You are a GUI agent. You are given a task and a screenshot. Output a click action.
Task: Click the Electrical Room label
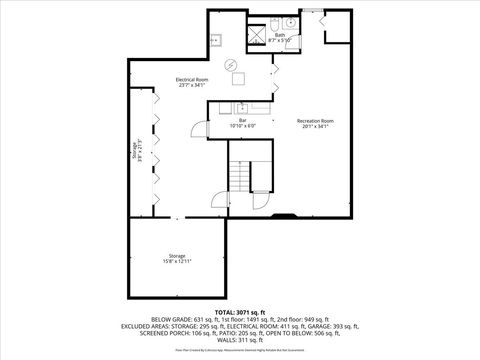(191, 81)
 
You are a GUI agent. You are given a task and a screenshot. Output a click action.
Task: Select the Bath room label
(280, 37)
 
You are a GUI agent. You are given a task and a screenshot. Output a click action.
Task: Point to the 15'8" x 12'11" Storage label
(176, 259)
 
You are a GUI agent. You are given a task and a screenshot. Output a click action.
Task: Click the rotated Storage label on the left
(136, 153)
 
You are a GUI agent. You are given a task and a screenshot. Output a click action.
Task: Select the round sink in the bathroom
(290, 23)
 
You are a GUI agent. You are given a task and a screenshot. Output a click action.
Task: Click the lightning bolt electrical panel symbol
(231, 66)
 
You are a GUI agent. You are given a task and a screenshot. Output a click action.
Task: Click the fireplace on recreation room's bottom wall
(284, 213)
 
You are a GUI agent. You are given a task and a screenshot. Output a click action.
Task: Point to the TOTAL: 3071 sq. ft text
(239, 311)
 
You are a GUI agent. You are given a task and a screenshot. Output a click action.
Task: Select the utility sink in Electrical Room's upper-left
(216, 40)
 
